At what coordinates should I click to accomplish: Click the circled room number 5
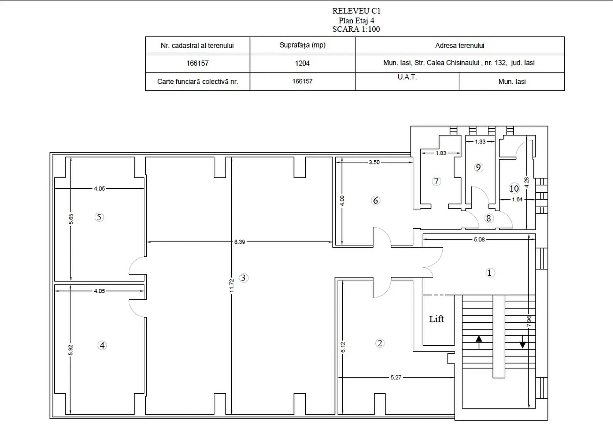pyautogui.click(x=99, y=217)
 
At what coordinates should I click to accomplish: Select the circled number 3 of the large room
pyautogui.click(x=243, y=278)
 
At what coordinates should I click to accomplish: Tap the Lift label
pyautogui.click(x=436, y=319)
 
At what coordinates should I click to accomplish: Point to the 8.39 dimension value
pyautogui.click(x=240, y=242)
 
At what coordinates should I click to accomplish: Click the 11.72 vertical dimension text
pyautogui.click(x=232, y=286)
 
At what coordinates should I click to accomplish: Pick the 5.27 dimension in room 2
pyautogui.click(x=396, y=377)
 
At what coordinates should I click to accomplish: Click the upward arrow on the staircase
pyautogui.click(x=479, y=343)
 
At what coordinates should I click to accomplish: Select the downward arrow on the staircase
pyautogui.click(x=523, y=341)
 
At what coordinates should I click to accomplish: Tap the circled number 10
pyautogui.click(x=514, y=189)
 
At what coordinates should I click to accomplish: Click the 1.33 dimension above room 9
pyautogui.click(x=480, y=141)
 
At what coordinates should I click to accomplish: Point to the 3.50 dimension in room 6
pyautogui.click(x=374, y=162)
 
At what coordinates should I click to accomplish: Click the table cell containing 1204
pyautogui.click(x=302, y=63)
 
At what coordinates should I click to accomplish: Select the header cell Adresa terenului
pyautogui.click(x=460, y=45)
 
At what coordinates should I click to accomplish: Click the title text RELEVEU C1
pyautogui.click(x=356, y=11)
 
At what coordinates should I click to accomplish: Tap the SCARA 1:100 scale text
pyautogui.click(x=356, y=29)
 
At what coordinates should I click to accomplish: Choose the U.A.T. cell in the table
pyautogui.click(x=407, y=81)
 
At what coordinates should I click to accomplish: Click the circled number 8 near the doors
pyautogui.click(x=488, y=218)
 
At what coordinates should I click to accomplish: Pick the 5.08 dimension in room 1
pyautogui.click(x=479, y=239)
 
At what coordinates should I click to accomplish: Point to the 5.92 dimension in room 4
pyautogui.click(x=71, y=350)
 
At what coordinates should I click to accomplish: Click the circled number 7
pyautogui.click(x=436, y=181)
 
